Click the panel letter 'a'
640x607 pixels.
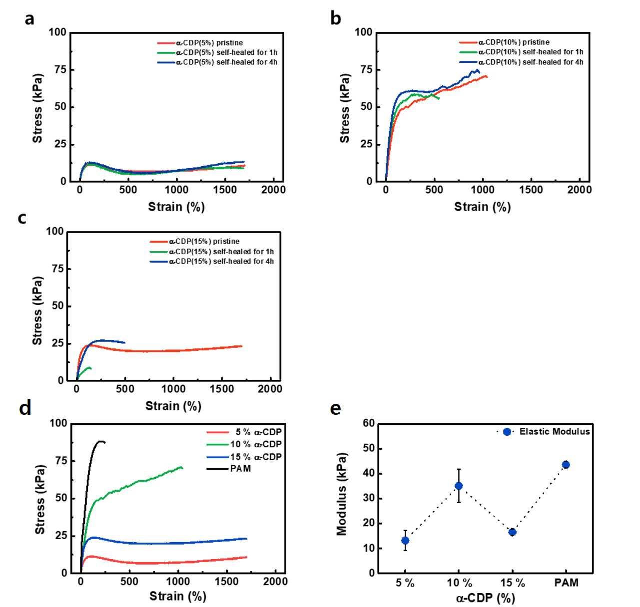click(29, 19)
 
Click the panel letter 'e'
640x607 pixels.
click(335, 409)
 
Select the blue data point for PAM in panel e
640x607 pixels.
click(566, 465)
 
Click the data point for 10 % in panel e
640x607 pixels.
click(459, 486)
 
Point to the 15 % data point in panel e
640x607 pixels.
click(513, 532)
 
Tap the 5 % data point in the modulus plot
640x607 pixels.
click(405, 541)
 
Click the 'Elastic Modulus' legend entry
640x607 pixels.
click(543, 432)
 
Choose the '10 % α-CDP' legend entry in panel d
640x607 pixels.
click(244, 444)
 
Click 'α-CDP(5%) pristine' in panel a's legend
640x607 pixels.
click(200, 43)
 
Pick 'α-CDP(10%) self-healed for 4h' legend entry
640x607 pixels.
click(521, 62)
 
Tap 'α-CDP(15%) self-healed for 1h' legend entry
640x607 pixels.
click(212, 252)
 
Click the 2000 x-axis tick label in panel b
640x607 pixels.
click(579, 190)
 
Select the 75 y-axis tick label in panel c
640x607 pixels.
click(58, 269)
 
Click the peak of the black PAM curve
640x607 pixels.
click(100, 441)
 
